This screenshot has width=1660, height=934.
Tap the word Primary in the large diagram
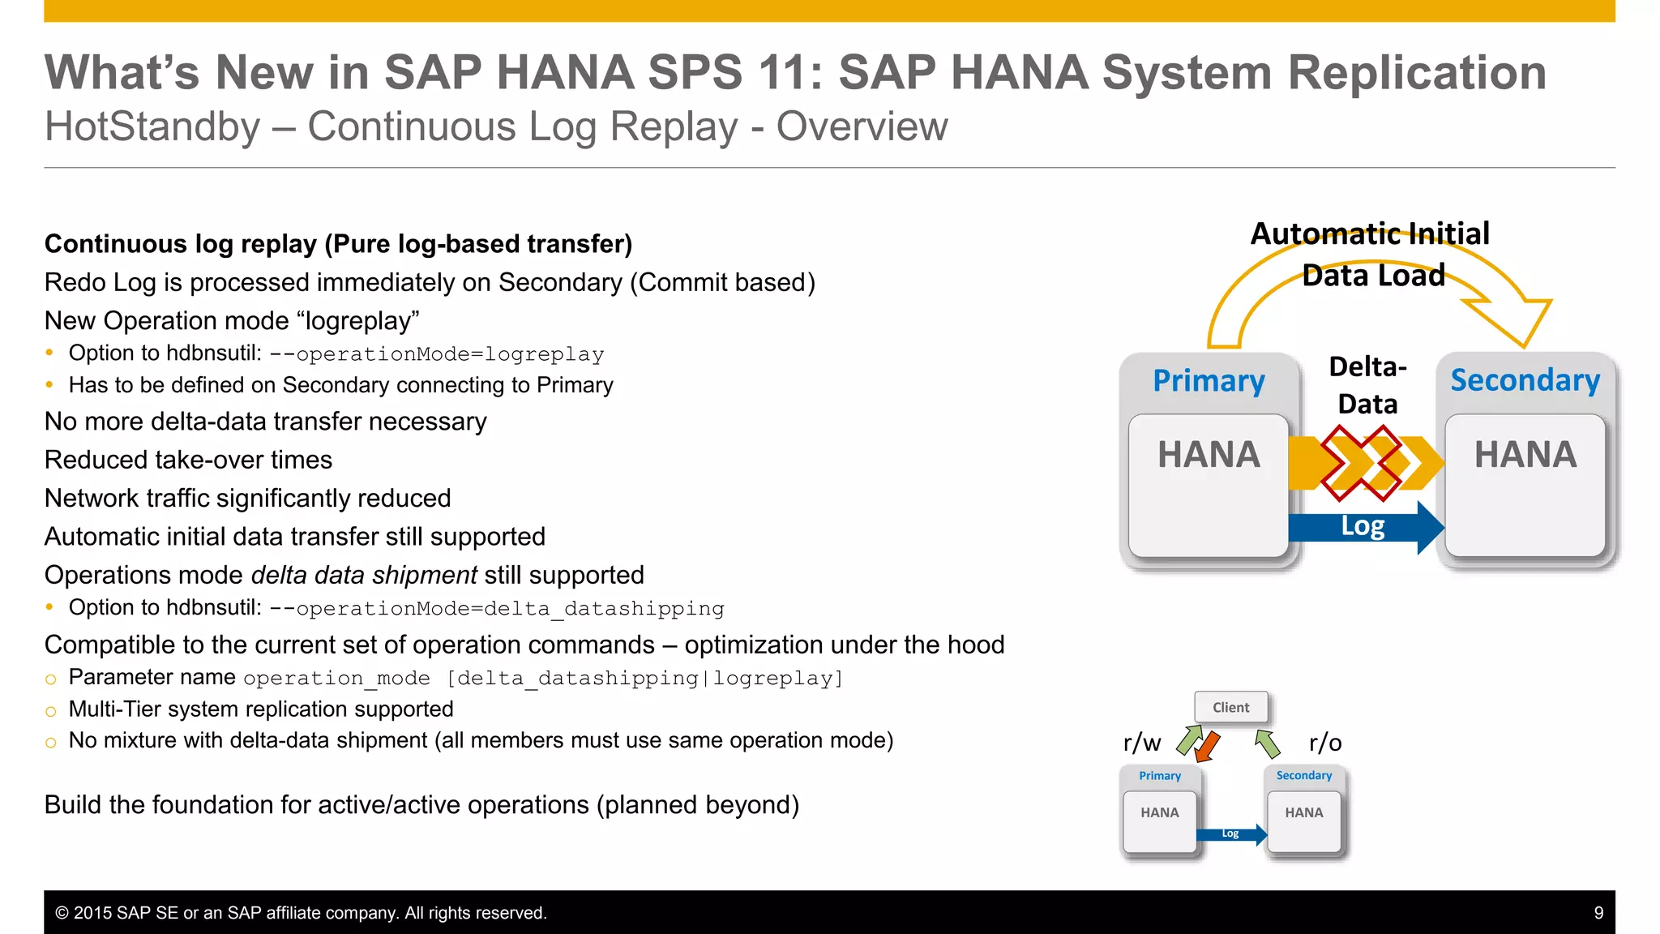pyautogui.click(x=1209, y=381)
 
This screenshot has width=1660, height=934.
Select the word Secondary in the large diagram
pyautogui.click(x=1525, y=380)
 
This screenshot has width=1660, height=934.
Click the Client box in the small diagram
pyautogui.click(x=1230, y=707)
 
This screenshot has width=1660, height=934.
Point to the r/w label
pyautogui.click(x=1141, y=743)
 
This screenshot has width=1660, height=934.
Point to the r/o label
pyautogui.click(x=1325, y=743)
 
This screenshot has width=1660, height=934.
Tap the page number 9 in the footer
pyautogui.click(x=1598, y=913)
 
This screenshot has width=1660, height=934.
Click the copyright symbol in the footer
pyautogui.click(x=62, y=913)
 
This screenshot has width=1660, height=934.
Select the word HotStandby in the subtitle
pyautogui.click(x=152, y=127)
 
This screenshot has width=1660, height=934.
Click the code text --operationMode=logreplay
pyautogui.click(x=437, y=355)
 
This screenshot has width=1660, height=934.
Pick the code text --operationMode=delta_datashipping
pyautogui.click(x=497, y=609)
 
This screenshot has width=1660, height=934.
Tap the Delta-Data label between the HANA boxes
pyautogui.click(x=1367, y=385)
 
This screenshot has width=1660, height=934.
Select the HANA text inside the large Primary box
pyautogui.click(x=1209, y=455)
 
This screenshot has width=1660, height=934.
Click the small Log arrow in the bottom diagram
pyautogui.click(x=1232, y=834)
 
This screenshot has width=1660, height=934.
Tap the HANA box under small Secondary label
pyautogui.click(x=1303, y=820)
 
